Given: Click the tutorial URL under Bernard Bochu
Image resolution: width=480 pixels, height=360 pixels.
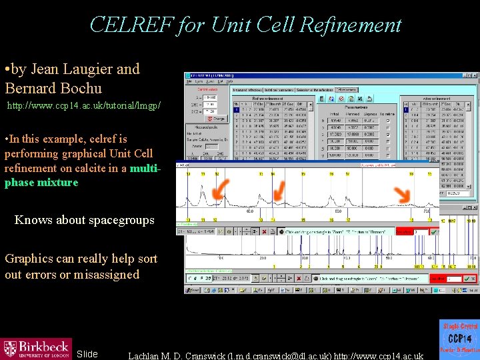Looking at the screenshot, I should pyautogui.click(x=83, y=106).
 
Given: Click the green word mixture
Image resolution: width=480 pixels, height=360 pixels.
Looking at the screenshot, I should pyautogui.click(x=57, y=182).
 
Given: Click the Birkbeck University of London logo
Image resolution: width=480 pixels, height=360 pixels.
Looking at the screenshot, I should pyautogui.click(x=36, y=347).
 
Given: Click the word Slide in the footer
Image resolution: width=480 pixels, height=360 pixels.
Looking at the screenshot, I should pyautogui.click(x=87, y=354).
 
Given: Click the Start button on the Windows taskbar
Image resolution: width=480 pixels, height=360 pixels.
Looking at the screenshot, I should pyautogui.click(x=193, y=291).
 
